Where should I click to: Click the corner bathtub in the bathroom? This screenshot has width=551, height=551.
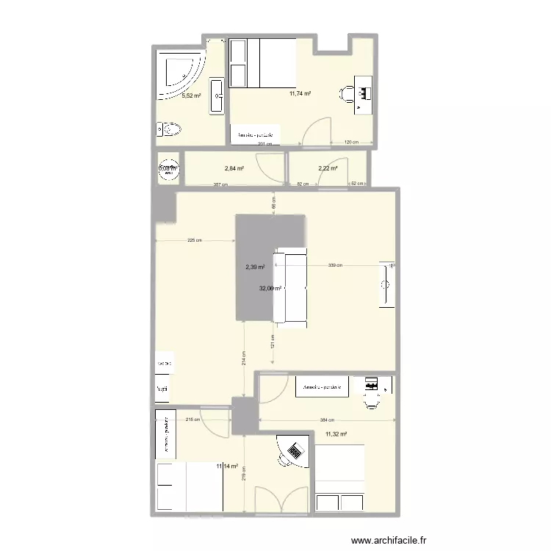pos(180,73)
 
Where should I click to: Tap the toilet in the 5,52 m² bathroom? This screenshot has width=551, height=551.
pos(170,131)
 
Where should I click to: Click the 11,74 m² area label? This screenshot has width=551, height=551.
pos(300,93)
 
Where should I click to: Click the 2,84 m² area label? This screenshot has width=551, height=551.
pos(234,168)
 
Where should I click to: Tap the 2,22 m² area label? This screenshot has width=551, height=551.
pos(328,168)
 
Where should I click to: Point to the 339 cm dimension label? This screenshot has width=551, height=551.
pos(334,265)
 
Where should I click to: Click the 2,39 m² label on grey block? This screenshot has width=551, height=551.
pos(255,267)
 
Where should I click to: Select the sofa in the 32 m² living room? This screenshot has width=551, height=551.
pos(289,286)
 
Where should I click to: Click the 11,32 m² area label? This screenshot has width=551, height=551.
pos(336,434)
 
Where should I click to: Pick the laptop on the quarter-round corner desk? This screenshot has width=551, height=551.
pos(297,450)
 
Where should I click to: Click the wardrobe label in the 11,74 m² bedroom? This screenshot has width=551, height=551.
pos(256,135)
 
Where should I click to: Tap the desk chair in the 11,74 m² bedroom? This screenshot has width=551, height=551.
pos(346,93)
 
